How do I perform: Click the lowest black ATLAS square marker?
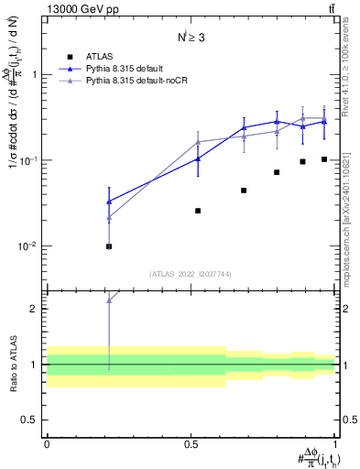coord(109,246)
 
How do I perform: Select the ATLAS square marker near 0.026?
coord(198,211)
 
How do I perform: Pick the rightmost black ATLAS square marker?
coord(324,159)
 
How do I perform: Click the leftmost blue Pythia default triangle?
coord(109,202)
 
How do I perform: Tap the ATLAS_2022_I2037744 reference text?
coord(191,274)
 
